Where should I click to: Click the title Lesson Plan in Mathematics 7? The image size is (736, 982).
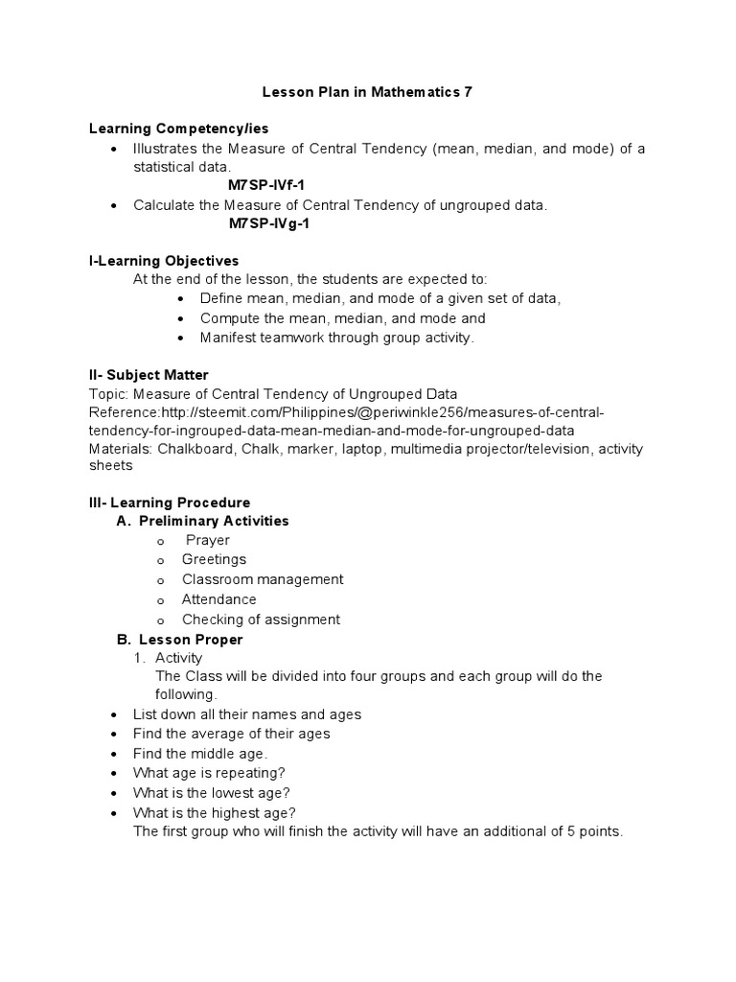pos(368,92)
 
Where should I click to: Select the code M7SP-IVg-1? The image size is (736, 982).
pos(269,223)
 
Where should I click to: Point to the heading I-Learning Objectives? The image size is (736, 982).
pos(163,261)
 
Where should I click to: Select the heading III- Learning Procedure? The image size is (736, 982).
pos(169,503)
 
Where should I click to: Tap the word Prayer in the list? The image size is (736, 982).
pos(208,540)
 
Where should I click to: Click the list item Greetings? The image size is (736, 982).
pos(214,559)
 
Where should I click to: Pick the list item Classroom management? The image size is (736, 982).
pos(263,579)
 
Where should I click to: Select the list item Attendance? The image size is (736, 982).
pos(219,599)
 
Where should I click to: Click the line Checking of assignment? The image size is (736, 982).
pos(261,620)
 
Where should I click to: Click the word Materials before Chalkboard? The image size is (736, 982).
pos(120,449)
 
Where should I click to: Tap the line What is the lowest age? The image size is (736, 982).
pos(212,792)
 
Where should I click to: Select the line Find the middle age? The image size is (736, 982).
pos(200,754)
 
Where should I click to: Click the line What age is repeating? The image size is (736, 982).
pos(209,773)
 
